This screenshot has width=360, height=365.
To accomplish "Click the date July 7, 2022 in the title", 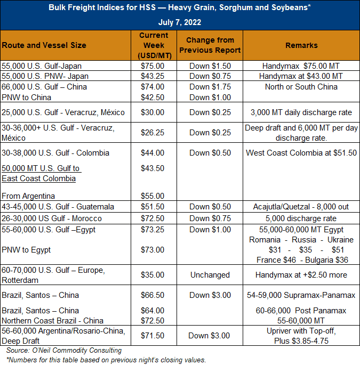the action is click(180, 22).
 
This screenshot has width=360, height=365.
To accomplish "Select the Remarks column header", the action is click(301, 45).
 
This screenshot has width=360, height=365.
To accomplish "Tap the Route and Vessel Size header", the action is click(44, 45).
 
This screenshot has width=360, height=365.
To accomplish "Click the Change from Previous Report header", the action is click(210, 45).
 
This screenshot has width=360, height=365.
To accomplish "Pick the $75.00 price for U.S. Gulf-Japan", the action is click(153, 66).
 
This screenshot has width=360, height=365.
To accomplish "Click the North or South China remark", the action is click(301, 87).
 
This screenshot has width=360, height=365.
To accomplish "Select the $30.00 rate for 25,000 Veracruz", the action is click(153, 112).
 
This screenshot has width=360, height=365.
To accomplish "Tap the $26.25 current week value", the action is click(153, 133).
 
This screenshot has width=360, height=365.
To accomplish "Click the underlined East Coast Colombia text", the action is click(39, 179).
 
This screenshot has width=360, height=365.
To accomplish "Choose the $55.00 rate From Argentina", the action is click(153, 196).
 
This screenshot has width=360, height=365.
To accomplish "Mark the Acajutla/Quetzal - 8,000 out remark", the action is click(301, 207).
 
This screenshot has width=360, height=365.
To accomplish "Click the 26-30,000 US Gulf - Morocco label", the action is click(52, 218).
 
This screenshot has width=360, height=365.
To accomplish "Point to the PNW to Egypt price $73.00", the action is click(153, 250).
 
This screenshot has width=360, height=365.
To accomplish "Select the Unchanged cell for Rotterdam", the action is click(210, 275).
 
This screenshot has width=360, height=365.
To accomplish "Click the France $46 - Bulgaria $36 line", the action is click(302, 260).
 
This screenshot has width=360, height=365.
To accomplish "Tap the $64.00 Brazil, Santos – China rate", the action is click(153, 311).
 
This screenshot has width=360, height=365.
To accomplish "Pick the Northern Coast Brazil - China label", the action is click(52, 321).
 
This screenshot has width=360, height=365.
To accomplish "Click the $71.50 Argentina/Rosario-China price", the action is click(153, 336).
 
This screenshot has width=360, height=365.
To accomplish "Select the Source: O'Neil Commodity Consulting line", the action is click(64, 350).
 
